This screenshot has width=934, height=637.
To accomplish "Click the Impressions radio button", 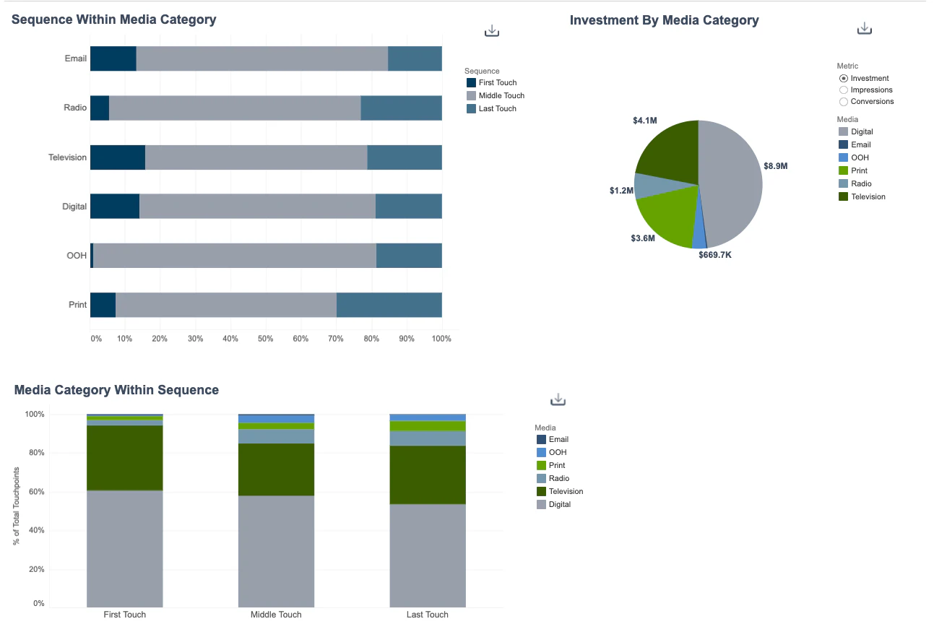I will [843, 90].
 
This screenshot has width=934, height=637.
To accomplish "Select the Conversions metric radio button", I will [843, 102].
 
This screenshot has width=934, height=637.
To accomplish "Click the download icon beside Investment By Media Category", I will [864, 29].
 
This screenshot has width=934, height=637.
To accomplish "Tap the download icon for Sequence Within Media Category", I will [492, 31].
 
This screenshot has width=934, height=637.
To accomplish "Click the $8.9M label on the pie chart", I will [775, 166].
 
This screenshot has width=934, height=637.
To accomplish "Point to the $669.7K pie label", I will [714, 255].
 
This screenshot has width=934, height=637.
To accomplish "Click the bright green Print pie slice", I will [666, 217].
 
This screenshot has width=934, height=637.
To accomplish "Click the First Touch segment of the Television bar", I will [117, 157].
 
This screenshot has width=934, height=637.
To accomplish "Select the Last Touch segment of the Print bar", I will [389, 305].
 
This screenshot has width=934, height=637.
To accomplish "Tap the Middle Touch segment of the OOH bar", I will [235, 256].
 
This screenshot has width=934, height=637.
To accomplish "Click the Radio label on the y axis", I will [75, 108].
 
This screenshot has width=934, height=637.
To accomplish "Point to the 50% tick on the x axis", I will [266, 339].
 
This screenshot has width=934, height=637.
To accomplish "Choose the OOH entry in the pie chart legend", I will [860, 157].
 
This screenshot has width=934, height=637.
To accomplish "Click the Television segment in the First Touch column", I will [124, 458].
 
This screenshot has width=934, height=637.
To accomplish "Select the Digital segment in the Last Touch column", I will [428, 555].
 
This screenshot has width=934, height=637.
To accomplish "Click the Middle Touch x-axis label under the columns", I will [276, 615].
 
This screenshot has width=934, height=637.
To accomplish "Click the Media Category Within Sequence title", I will [116, 390].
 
